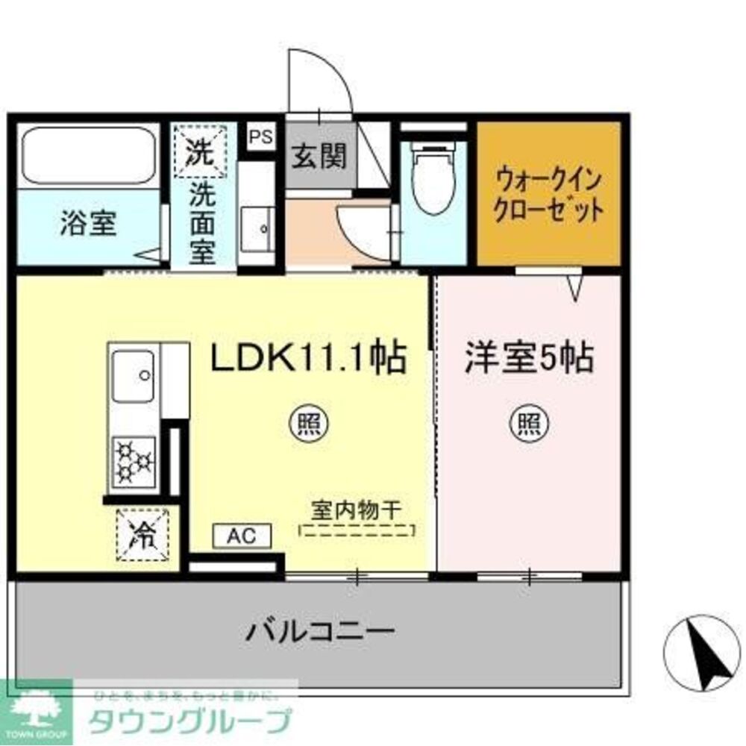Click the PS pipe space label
(260, 137)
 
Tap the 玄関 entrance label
(319, 156)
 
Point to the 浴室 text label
(88, 224)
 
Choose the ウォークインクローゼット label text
(549, 195)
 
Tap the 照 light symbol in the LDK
(306, 424)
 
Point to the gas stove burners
(134, 457)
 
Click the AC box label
(242, 536)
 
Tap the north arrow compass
(700, 652)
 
